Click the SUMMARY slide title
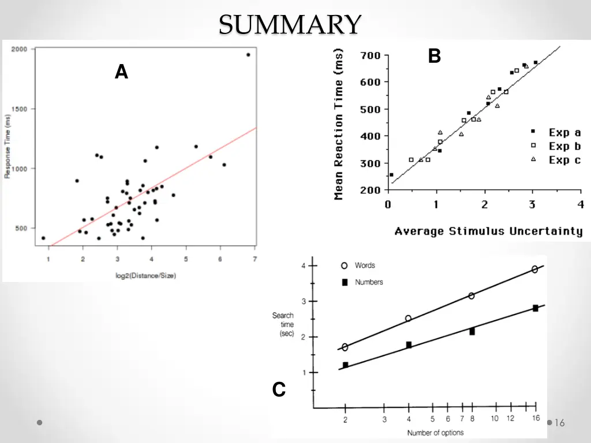[290, 25]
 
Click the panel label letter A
[121, 72]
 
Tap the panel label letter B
[435, 56]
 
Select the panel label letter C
[279, 391]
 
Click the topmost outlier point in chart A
[248, 55]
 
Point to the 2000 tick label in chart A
[20, 49]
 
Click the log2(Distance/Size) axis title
[146, 275]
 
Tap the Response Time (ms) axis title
[8, 145]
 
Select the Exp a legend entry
[557, 133]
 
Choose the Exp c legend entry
[557, 160]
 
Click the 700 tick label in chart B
[370, 55]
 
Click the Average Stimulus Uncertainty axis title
[488, 231]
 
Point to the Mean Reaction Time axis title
[339, 124]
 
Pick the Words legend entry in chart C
[358, 265]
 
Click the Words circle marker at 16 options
[535, 269]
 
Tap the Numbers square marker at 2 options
[345, 365]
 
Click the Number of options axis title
[435, 433]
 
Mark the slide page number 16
[559, 423]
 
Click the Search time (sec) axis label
[283, 325]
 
